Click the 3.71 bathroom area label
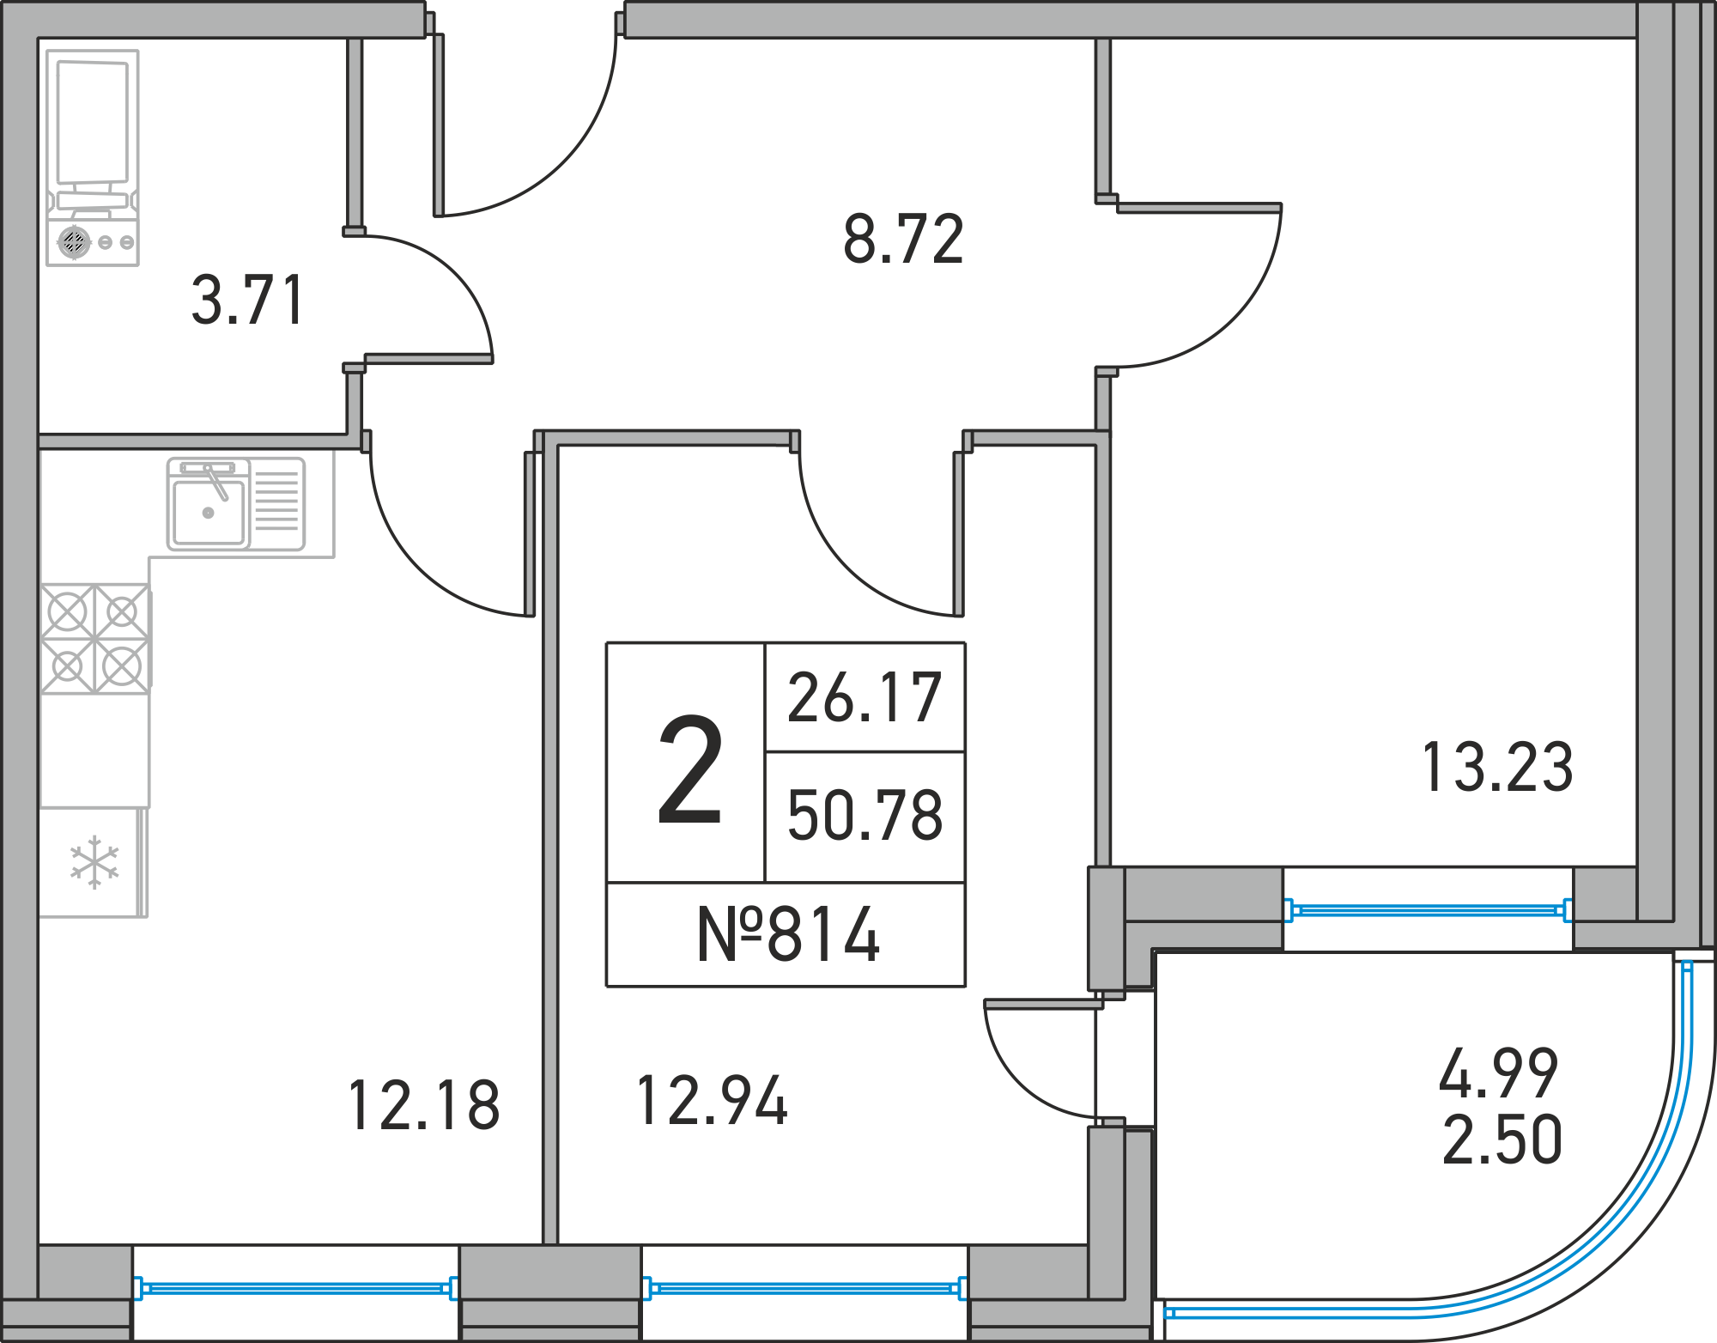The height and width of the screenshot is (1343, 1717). click(247, 301)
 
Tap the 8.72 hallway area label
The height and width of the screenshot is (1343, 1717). click(904, 239)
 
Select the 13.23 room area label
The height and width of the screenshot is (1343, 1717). click(1497, 767)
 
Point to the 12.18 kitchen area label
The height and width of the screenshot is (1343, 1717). click(424, 1105)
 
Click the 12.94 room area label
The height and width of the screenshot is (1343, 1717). click(712, 1100)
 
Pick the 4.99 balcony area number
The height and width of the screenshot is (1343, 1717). click(1499, 1073)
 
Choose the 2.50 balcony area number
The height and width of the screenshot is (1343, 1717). click(1502, 1139)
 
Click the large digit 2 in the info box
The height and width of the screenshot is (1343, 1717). click(689, 769)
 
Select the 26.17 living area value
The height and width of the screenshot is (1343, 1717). click(865, 697)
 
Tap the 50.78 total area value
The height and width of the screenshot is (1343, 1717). click(865, 815)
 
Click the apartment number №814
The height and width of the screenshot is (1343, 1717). click(788, 934)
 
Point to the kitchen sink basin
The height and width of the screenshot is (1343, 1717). click(209, 512)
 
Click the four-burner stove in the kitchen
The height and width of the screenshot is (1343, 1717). click(95, 638)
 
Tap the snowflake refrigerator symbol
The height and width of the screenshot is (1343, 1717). click(94, 862)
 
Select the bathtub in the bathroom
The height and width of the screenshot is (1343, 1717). click(93, 158)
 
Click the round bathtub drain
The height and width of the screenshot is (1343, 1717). click(74, 241)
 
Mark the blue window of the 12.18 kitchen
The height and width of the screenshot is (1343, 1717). click(295, 1288)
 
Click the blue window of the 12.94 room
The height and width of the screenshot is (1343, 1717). click(804, 1288)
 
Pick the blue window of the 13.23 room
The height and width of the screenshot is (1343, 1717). click(1429, 910)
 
